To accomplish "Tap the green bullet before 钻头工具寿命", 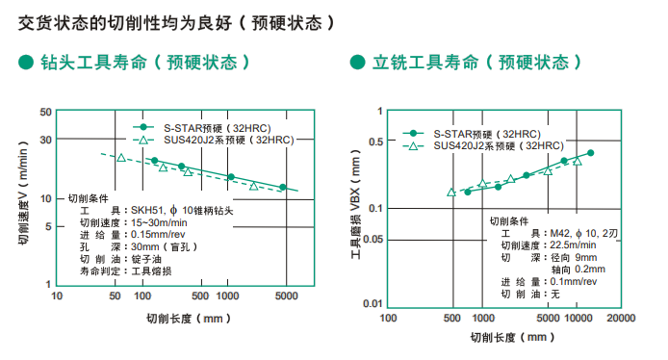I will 26,63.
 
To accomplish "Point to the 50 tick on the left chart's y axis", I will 45,113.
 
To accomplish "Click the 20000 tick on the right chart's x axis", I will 620,317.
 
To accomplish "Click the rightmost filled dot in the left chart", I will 283,187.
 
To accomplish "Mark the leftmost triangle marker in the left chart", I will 121,156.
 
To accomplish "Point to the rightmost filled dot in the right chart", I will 590,153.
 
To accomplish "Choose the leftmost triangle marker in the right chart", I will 451,192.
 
